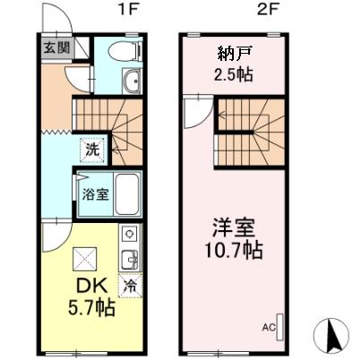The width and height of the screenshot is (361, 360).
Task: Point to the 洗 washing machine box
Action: pos(92,150)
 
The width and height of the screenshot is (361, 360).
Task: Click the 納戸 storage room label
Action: pos(233,50)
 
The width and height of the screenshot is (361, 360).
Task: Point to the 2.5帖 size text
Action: pos(233,73)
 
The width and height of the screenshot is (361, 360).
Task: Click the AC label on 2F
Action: pos(267,328)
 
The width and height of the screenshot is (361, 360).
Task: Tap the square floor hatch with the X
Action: pos(84,260)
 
